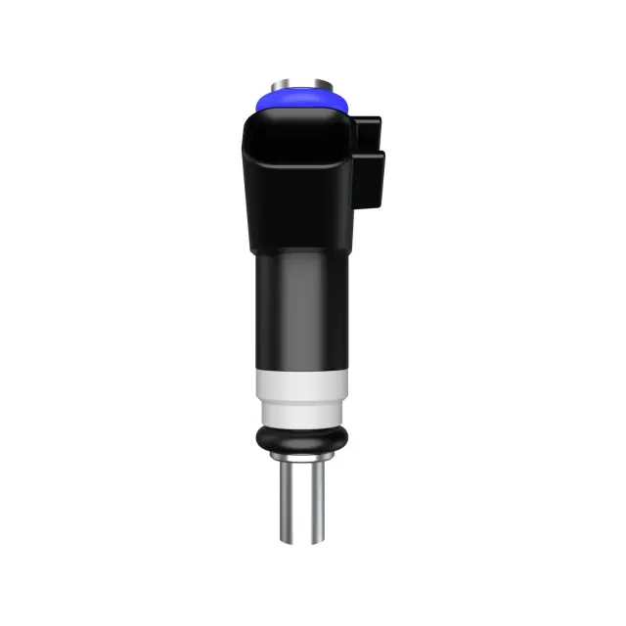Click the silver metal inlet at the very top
tap(299, 79)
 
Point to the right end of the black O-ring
tap(342, 436)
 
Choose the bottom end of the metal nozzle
tap(298, 541)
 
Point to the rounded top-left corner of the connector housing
tap(251, 122)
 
